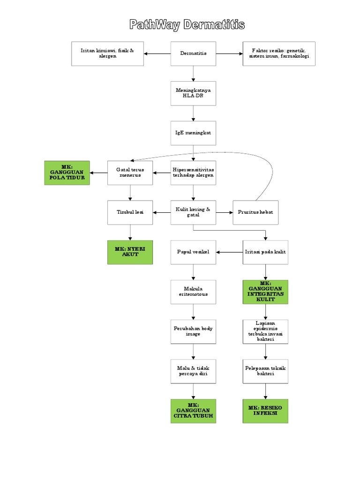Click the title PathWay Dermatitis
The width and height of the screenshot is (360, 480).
(187, 25)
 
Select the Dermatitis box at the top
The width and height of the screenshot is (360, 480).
(193, 53)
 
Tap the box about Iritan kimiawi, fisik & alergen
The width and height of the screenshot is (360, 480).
(107, 53)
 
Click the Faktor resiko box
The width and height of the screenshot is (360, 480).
(279, 53)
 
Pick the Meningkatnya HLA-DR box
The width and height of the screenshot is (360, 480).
(193, 93)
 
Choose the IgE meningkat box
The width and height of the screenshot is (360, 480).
(193, 133)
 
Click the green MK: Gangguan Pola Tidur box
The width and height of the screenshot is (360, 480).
(67, 172)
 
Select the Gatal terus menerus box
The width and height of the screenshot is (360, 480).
(130, 172)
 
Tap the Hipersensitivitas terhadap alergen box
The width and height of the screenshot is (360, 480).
(193, 172)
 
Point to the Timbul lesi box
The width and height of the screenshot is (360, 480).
(130, 212)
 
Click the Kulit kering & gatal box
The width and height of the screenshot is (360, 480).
(193, 212)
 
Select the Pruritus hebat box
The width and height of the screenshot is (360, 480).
(255, 212)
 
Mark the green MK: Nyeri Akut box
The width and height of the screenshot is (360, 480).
(130, 252)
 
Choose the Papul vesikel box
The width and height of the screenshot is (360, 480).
(193, 252)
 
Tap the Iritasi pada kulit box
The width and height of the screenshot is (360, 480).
(265, 252)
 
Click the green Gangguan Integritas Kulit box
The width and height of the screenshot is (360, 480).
(265, 292)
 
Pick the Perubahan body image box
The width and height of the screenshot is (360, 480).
(193, 331)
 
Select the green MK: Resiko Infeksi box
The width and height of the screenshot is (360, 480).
(265, 411)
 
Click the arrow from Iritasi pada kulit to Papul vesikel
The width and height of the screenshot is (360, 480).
(229, 252)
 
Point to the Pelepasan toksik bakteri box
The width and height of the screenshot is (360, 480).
(265, 371)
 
